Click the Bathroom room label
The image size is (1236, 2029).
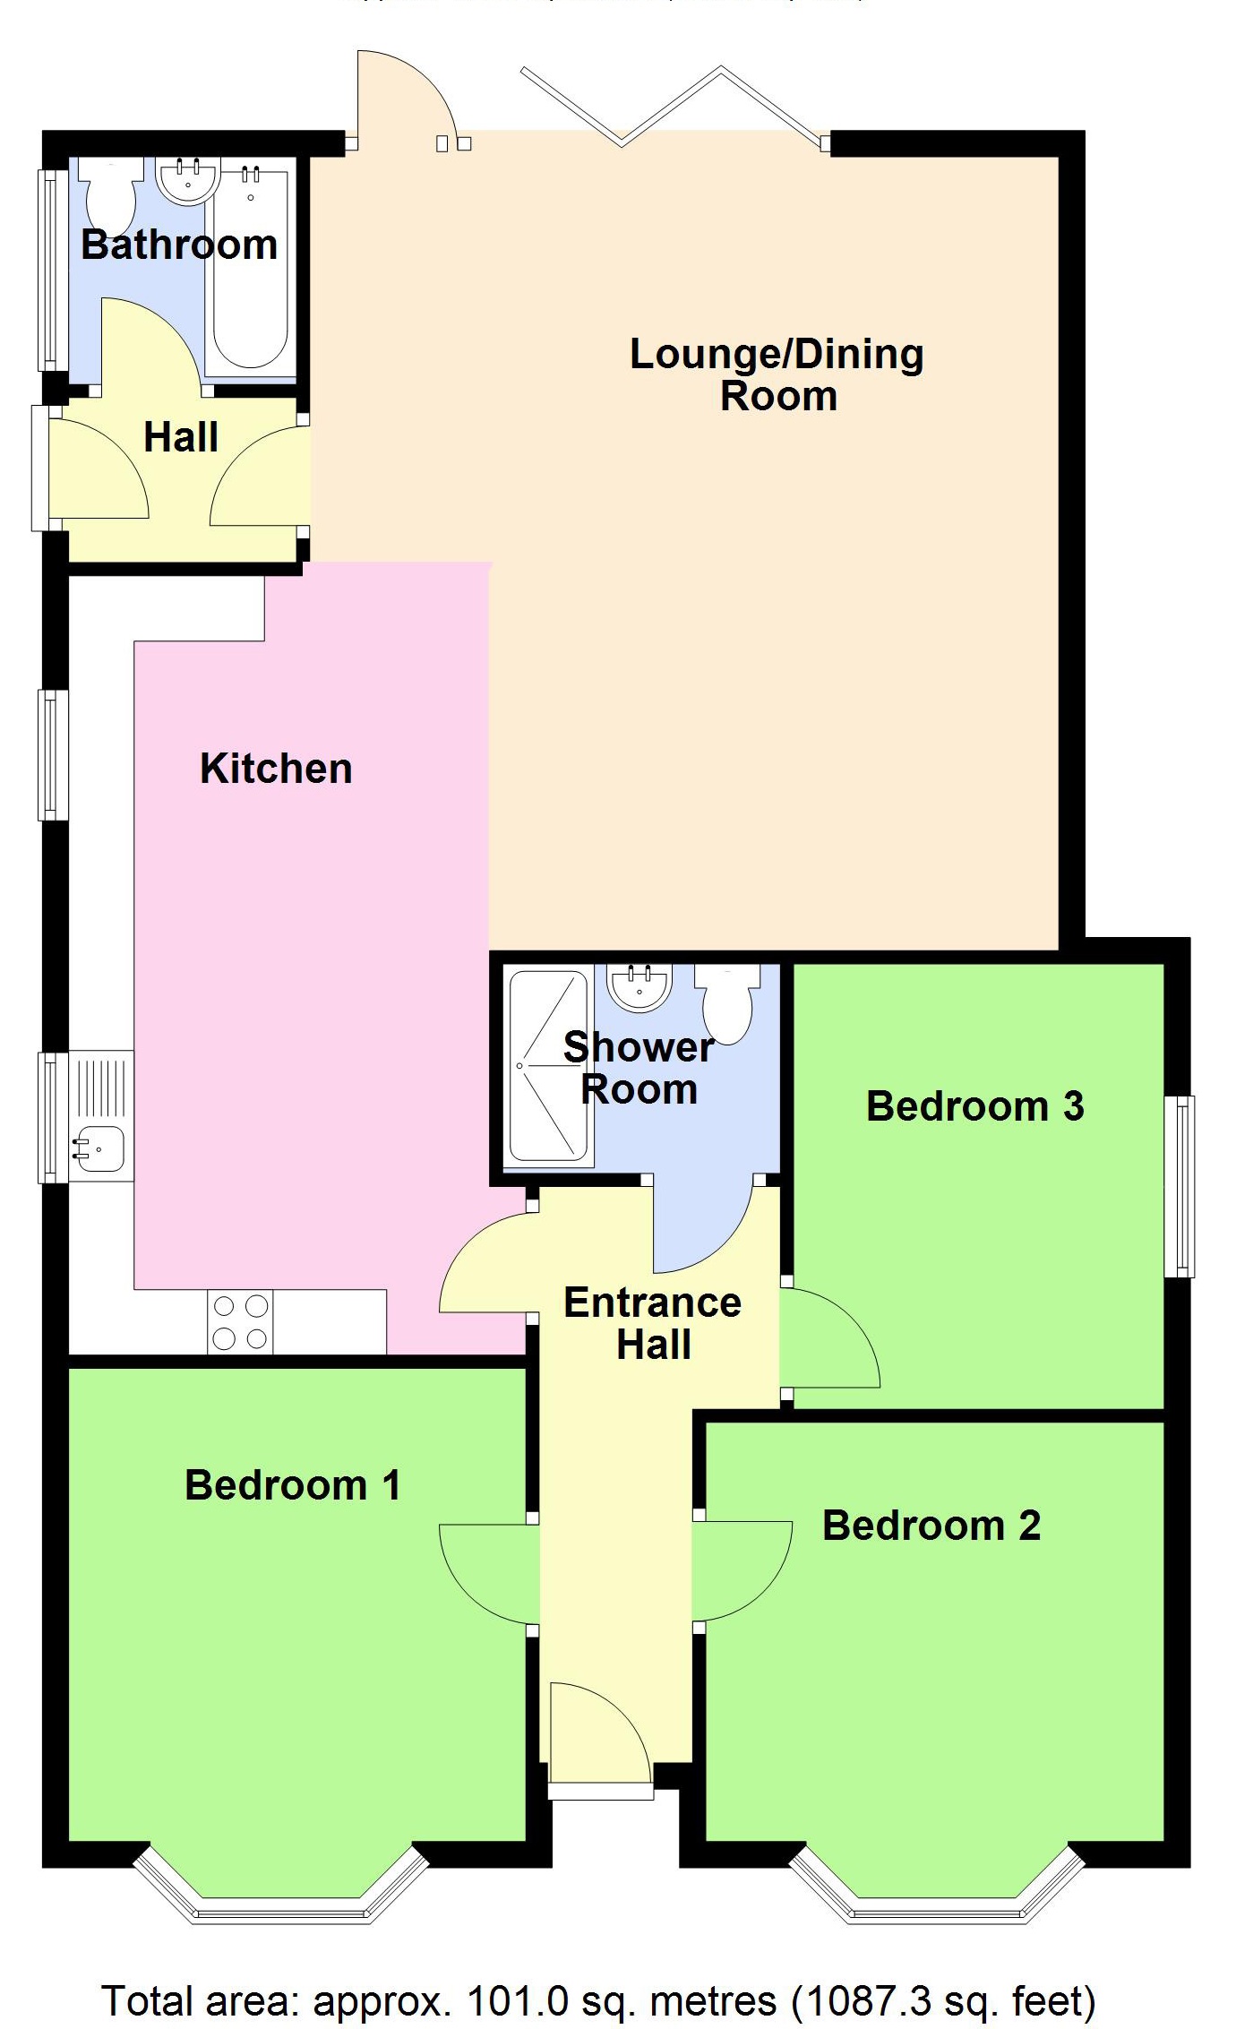[x=179, y=245]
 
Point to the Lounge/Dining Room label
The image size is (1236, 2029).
[x=777, y=374]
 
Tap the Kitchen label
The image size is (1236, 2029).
[x=276, y=768]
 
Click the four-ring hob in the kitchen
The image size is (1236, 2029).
[x=240, y=1321]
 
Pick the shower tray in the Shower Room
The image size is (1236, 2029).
[x=547, y=1065]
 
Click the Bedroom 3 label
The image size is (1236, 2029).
[x=974, y=1105]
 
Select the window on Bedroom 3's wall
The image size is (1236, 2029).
[x=1184, y=1185]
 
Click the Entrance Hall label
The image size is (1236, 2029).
[x=653, y=1323]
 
